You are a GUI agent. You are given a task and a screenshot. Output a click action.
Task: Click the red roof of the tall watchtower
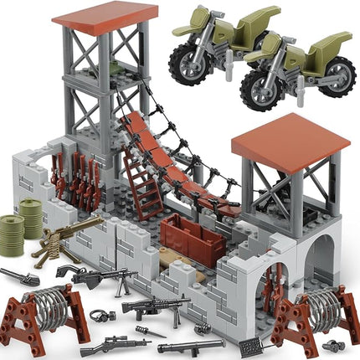[x=116, y=12]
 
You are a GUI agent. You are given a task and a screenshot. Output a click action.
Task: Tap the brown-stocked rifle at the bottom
[x=114, y=344]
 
